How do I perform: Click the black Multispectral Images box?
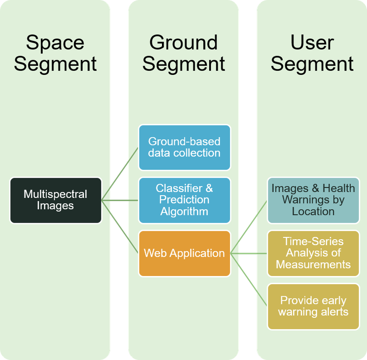coord(56,200)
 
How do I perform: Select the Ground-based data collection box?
coord(184,147)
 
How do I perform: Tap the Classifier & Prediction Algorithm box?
coord(184,200)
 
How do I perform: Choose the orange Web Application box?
coord(184,253)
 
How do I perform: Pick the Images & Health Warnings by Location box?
coord(313,200)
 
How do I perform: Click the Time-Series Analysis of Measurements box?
coord(313,253)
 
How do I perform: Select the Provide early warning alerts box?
coord(313,306)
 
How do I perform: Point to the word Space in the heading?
coord(55,43)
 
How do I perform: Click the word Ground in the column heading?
coord(183,43)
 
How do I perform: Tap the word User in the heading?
coord(312,43)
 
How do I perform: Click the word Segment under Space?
coord(55,64)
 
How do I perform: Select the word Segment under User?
coord(312,64)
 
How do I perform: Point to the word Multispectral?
coord(56,194)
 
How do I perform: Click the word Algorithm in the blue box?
coord(184,212)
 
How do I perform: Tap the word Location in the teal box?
coord(313,212)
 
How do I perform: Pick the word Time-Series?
coord(313,241)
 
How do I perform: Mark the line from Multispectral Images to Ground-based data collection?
coord(120,174)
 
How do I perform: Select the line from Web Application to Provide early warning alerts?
coord(249,280)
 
